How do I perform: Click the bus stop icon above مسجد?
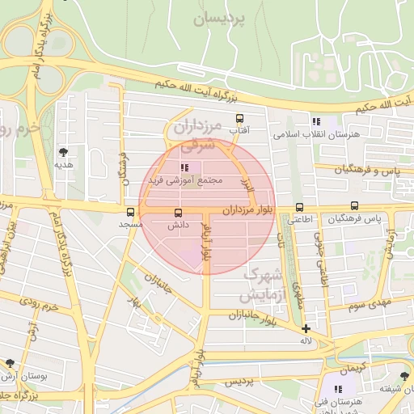[x=130, y=212]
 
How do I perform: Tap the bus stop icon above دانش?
[x=178, y=213]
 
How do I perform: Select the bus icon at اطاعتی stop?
[x=300, y=207]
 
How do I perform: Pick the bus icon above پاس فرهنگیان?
[x=354, y=206]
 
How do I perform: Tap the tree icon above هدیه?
[x=63, y=151]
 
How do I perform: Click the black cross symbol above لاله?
[x=306, y=328]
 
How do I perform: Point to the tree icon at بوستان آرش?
[x=10, y=363]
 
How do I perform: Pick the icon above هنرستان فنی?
[x=338, y=389]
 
